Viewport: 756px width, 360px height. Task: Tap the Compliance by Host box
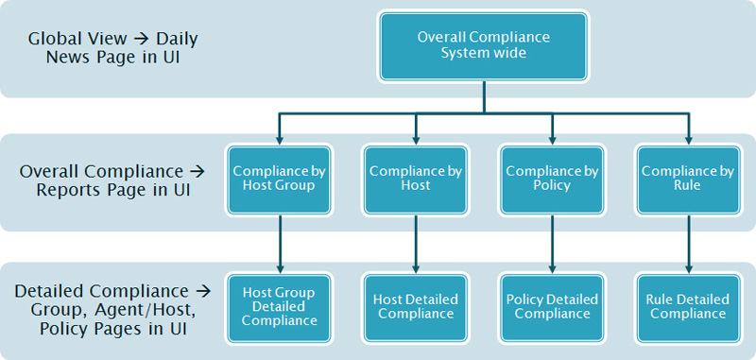tap(415, 179)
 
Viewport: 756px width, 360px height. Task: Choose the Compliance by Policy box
tap(552, 179)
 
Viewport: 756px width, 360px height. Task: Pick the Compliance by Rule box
tap(688, 179)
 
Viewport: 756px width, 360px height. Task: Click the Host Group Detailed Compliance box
tap(279, 307)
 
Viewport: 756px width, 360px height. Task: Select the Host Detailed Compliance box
tap(415, 307)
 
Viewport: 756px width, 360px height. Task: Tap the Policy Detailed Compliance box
tap(552, 307)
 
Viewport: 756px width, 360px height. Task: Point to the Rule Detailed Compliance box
tap(688, 307)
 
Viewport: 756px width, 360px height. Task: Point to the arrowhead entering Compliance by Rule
tap(688, 134)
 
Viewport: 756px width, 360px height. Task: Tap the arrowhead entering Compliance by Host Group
tap(279, 134)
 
